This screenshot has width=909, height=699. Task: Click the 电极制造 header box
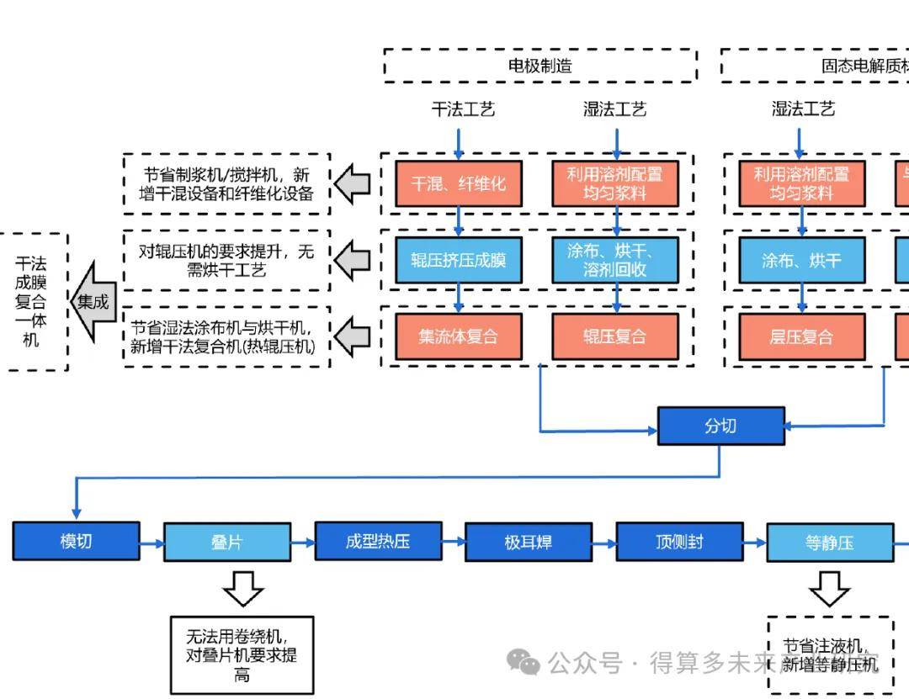pyautogui.click(x=540, y=66)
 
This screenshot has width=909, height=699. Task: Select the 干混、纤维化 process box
pyautogui.click(x=459, y=183)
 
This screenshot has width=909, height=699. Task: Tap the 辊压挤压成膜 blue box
pyautogui.click(x=459, y=260)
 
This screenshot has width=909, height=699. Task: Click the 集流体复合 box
pyautogui.click(x=459, y=336)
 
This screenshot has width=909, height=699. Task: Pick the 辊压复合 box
pyautogui.click(x=615, y=336)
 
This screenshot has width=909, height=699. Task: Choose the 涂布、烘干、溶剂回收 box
pyautogui.click(x=615, y=260)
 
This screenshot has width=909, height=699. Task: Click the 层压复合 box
pyautogui.click(x=801, y=336)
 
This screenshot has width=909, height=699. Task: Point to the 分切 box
pyautogui.click(x=720, y=426)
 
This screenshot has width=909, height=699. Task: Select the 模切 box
pyautogui.click(x=76, y=541)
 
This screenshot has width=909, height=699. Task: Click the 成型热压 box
pyautogui.click(x=378, y=541)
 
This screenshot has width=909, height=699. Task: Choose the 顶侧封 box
pyautogui.click(x=679, y=542)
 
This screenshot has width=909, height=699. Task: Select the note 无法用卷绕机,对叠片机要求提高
pyautogui.click(x=242, y=654)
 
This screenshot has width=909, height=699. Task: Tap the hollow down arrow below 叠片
pyautogui.click(x=244, y=588)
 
